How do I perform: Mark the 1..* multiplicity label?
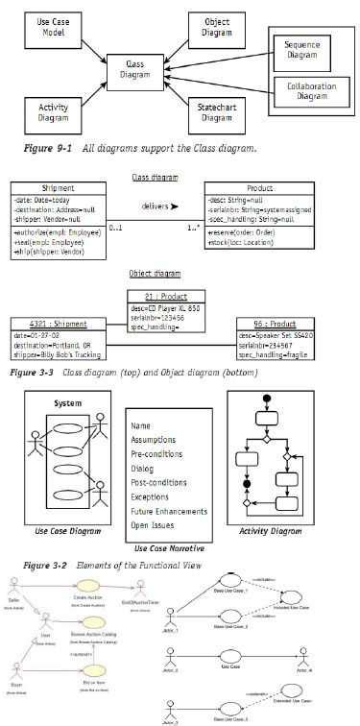click(192, 229)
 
